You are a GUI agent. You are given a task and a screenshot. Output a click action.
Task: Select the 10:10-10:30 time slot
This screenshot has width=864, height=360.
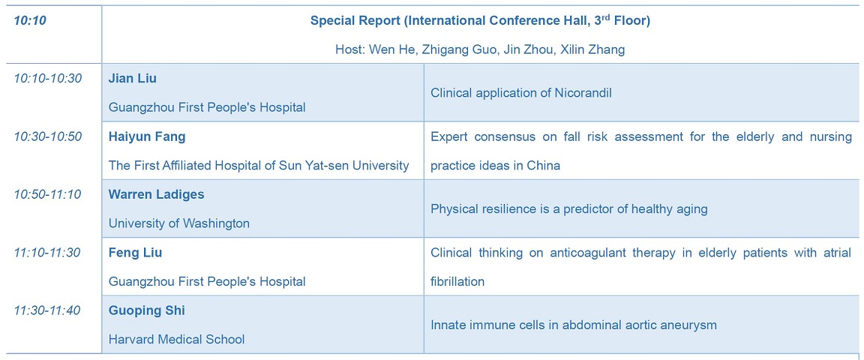coord(48,79)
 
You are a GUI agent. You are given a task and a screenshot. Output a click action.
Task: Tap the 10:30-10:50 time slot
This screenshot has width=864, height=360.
coord(48,136)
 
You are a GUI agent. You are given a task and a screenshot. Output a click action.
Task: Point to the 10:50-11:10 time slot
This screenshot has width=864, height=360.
coord(48,194)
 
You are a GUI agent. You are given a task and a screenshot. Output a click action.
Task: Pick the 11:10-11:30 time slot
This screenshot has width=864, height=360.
coord(48,253)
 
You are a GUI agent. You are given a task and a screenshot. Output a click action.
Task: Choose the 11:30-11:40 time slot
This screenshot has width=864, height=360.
coord(48,310)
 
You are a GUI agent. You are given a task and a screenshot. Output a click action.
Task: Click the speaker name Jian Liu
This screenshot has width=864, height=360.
coord(132,79)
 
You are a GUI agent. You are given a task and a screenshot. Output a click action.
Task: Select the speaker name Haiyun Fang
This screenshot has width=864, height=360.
coord(146,136)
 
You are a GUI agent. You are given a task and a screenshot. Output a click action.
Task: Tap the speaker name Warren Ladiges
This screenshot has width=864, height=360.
coord(156,194)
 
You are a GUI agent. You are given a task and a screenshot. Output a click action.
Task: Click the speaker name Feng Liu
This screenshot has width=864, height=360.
coord(135,253)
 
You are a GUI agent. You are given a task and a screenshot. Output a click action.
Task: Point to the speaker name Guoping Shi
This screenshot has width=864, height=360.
coord(146,310)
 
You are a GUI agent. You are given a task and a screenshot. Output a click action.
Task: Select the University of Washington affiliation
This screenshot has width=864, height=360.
coord(179,223)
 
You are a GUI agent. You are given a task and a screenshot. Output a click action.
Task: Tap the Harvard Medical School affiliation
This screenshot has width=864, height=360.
coord(176,339)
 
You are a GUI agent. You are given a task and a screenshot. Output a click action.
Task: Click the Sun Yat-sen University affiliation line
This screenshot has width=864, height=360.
coord(259,166)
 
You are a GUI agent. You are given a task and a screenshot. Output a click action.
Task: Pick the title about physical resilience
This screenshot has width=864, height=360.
coord(568,209)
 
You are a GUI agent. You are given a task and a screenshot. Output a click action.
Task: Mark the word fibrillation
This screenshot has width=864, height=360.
coord(457,282)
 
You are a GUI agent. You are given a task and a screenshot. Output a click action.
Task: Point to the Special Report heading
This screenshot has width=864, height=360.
coord(480,21)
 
